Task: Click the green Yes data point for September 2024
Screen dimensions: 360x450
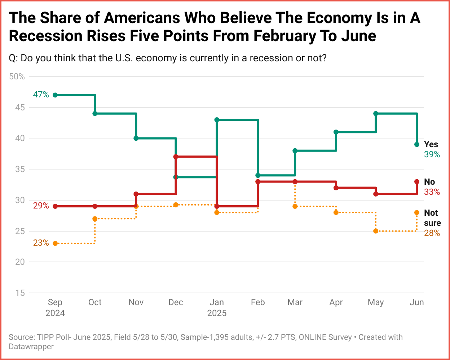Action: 55,95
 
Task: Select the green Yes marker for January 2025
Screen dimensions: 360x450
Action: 217,120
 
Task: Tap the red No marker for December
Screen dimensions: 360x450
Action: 176,157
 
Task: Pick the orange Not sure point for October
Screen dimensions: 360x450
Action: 95,219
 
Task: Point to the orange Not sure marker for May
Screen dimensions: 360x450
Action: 376,231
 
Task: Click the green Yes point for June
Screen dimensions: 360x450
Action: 417,145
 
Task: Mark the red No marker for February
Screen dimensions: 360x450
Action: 258,182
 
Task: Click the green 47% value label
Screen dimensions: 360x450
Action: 41,95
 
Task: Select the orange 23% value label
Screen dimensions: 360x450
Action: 41,243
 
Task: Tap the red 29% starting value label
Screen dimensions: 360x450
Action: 41,206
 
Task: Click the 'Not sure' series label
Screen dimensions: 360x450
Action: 432,218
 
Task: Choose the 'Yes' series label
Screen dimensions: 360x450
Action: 431,144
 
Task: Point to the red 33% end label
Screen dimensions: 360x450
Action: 432,192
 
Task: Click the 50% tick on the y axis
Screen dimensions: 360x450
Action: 17,76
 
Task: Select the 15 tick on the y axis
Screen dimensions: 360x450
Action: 20,293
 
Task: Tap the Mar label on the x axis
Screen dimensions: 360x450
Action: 295,302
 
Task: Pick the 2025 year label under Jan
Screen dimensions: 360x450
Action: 217,313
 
